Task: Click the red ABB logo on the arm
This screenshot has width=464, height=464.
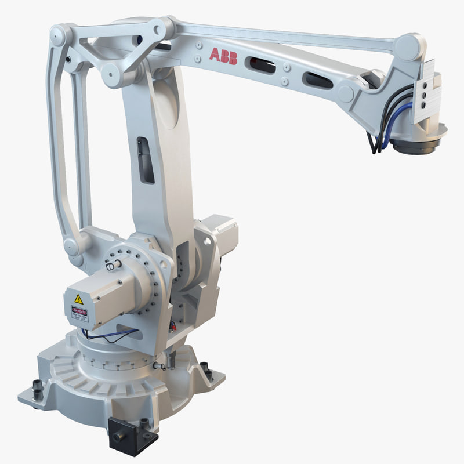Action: (223, 56)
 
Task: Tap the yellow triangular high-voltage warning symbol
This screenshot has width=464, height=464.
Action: (79, 299)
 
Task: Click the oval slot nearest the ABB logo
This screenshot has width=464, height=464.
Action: (262, 65)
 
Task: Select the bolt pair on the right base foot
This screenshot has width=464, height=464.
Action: (206, 371)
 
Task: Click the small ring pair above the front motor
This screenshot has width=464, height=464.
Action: (113, 264)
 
